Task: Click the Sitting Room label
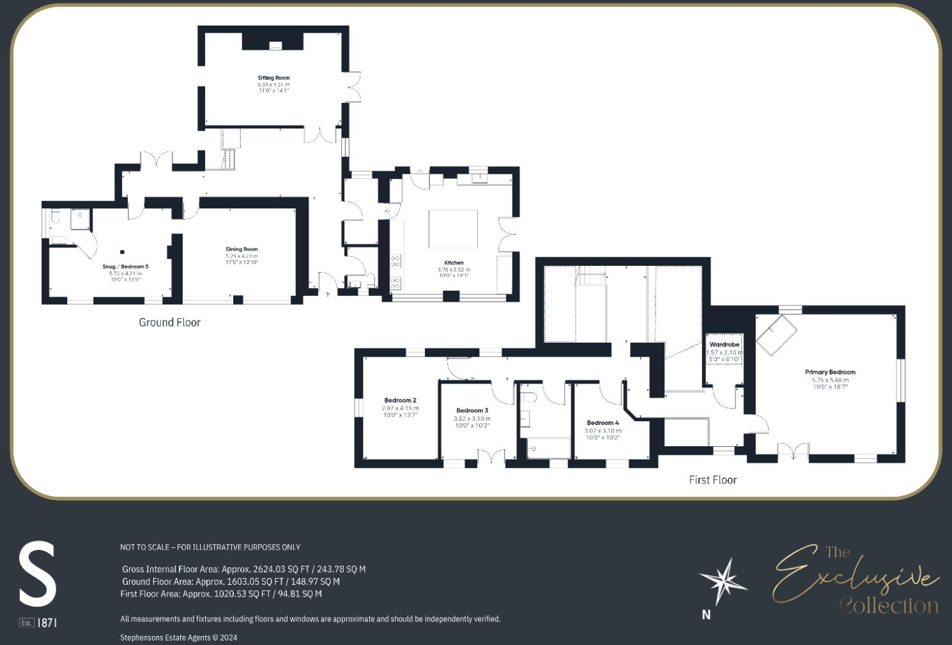[273, 78]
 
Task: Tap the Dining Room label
[242, 249]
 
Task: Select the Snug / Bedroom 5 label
[125, 267]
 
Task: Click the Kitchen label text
[454, 263]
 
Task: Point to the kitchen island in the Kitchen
[453, 229]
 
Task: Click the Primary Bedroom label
[830, 372]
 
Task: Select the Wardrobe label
[724, 345]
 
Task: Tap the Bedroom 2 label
[400, 400]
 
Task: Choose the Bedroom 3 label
[472, 410]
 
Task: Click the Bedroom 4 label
[603, 423]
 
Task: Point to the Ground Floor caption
[169, 322]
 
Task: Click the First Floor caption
[712, 479]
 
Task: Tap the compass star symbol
[724, 581]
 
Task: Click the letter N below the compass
[706, 614]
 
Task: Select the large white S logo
[38, 573]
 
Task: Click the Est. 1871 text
[38, 623]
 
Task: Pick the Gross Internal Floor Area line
[243, 569]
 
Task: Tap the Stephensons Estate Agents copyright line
[178, 637]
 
